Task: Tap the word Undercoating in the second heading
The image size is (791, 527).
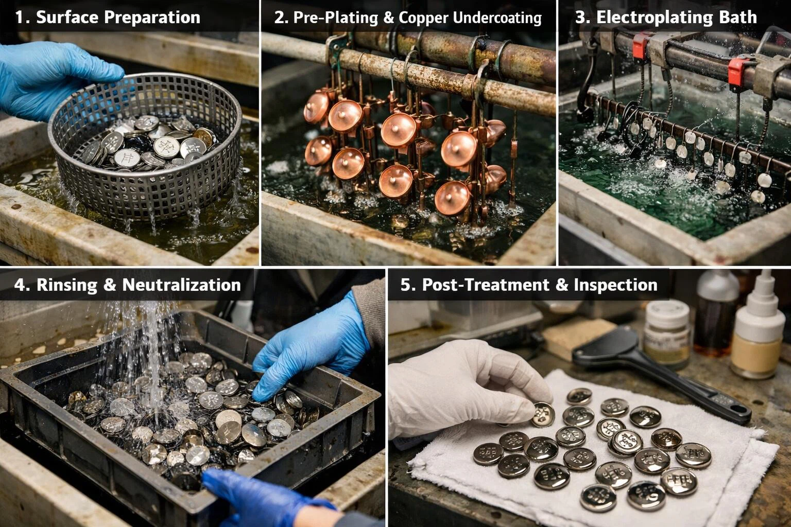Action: tap(497, 17)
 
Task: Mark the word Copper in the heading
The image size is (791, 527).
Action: tap(423, 17)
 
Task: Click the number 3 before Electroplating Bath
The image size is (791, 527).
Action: tap(580, 17)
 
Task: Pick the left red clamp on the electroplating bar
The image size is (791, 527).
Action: tap(640, 46)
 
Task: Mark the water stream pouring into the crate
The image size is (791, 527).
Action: tap(149, 355)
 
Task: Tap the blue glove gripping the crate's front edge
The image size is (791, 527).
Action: tap(257, 497)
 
